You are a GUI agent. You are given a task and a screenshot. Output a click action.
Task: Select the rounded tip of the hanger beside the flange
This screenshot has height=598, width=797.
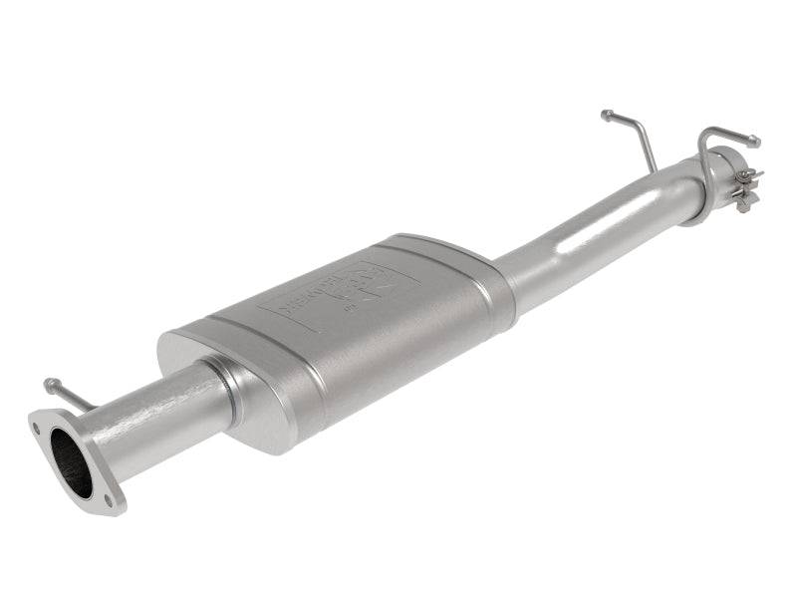pos(49,383)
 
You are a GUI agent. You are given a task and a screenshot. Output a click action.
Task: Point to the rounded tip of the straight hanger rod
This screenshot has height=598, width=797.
pos(606,115)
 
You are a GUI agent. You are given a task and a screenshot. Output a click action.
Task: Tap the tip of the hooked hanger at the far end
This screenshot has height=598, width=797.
pos(754,142)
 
